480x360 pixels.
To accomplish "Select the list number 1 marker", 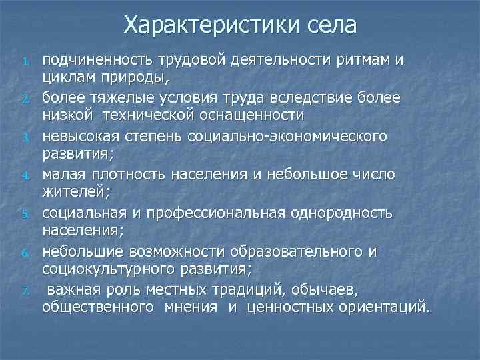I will [26, 63].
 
